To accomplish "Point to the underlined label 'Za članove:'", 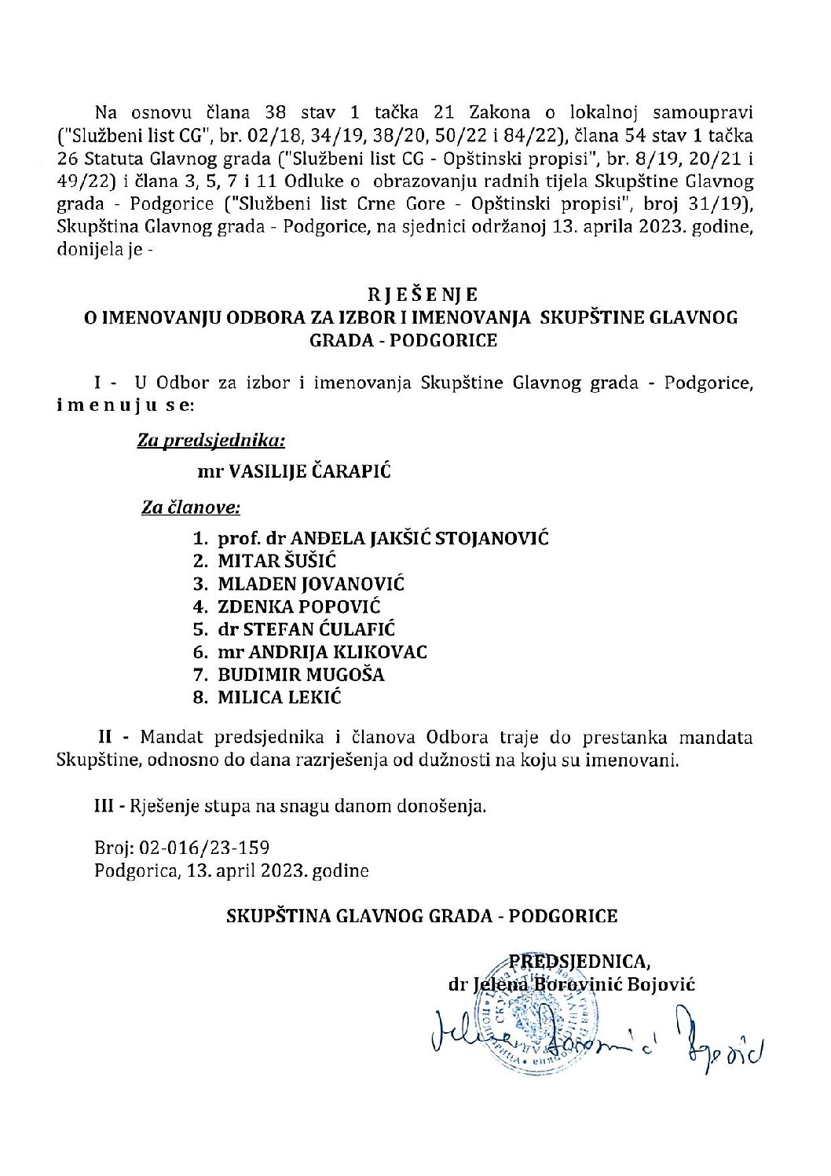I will pyautogui.click(x=191, y=507).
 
